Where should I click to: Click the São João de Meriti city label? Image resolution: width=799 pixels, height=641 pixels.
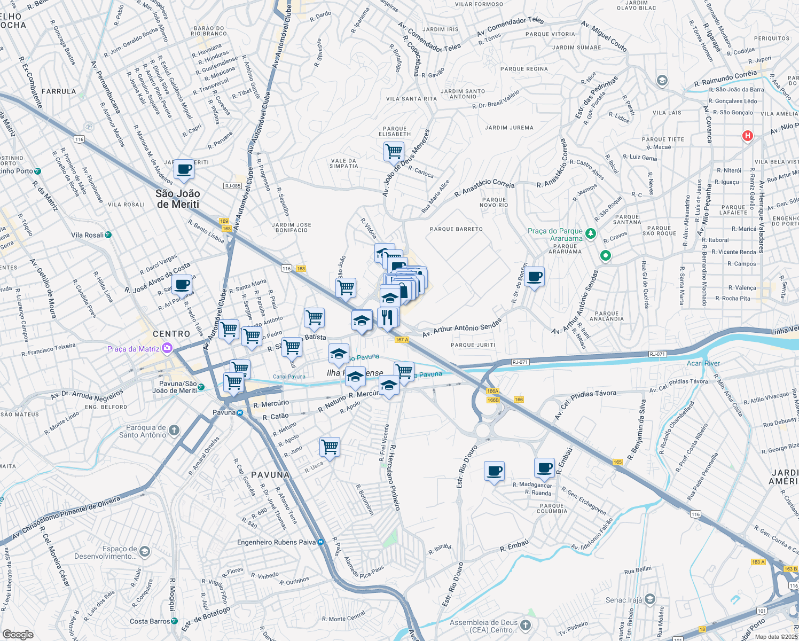(178, 199)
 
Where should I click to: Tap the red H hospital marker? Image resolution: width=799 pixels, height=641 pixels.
(747, 136)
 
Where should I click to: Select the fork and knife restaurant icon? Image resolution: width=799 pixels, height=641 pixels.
(387, 317)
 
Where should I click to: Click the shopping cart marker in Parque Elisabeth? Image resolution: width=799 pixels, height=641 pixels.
(394, 151)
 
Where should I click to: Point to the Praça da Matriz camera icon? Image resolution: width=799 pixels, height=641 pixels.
(167, 349)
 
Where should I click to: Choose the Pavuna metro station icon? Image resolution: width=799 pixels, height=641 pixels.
(240, 412)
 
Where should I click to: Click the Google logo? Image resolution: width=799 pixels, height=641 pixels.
(18, 634)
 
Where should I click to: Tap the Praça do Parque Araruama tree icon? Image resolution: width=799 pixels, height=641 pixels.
(590, 233)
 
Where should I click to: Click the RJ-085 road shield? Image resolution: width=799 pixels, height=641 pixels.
(232, 186)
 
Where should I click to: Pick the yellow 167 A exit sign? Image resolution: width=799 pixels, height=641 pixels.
(402, 340)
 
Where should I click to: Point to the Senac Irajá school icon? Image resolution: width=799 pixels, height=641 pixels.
(649, 599)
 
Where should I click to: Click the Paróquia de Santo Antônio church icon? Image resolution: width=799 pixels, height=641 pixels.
(174, 430)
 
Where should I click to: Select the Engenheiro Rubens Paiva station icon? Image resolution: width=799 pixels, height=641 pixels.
(320, 542)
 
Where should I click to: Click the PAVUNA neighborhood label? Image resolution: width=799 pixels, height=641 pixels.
(270, 474)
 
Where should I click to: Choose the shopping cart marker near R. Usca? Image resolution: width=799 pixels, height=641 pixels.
(330, 446)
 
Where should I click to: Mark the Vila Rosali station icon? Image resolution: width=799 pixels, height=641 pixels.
(108, 235)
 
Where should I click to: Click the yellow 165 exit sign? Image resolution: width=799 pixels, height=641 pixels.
(617, 462)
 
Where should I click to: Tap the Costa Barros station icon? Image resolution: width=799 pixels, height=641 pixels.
(175, 621)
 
